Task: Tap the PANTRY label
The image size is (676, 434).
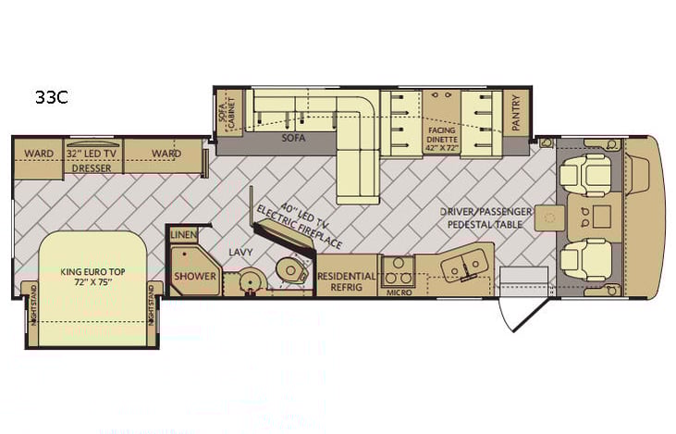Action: [x=515, y=114]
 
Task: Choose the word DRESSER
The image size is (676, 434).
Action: [x=91, y=168]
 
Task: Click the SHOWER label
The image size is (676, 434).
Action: [x=194, y=277]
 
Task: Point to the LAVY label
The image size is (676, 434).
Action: [x=240, y=251]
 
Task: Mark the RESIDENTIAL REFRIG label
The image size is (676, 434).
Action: [x=347, y=281]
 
